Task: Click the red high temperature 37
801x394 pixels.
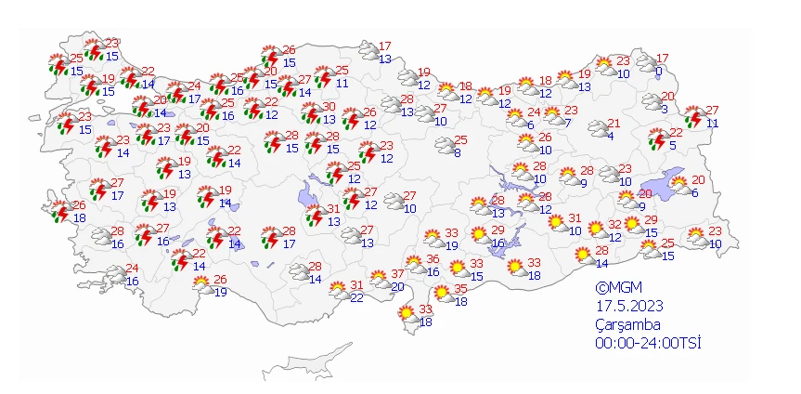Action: click(397, 273)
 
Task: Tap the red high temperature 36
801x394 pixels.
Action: click(433, 258)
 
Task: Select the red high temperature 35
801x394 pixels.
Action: click(459, 288)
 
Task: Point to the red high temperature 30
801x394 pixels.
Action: click(329, 106)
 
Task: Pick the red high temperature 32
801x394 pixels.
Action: click(614, 225)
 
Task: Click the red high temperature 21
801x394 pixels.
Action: click(614, 124)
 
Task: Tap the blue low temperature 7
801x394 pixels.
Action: click(566, 123)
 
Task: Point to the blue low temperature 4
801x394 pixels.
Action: click(609, 136)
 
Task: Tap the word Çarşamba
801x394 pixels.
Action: click(627, 323)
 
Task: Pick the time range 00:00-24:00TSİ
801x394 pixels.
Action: click(648, 342)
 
